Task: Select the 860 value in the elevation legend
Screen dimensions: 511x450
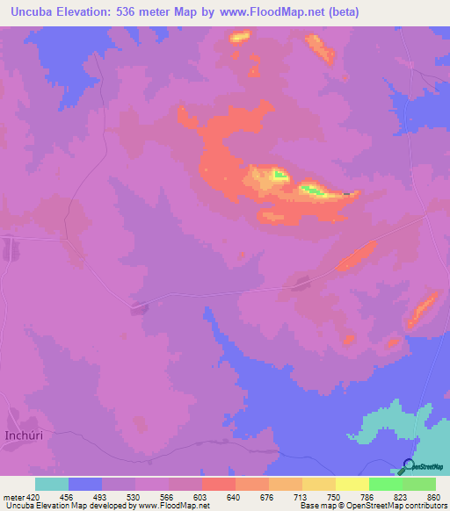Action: [432, 496]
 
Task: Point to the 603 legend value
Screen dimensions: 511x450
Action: [200, 496]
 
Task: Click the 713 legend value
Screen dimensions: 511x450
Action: [301, 496]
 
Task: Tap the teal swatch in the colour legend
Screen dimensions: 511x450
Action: [52, 484]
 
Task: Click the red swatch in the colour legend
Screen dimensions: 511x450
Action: [218, 484]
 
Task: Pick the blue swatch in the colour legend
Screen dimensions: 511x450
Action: [85, 484]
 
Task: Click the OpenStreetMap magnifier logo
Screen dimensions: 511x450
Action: [409, 466]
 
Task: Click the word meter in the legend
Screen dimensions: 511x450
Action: [13, 496]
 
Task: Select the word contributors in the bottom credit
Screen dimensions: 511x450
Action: [425, 506]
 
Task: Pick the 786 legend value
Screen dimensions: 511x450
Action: [367, 496]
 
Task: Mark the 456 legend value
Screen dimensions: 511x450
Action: [67, 496]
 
